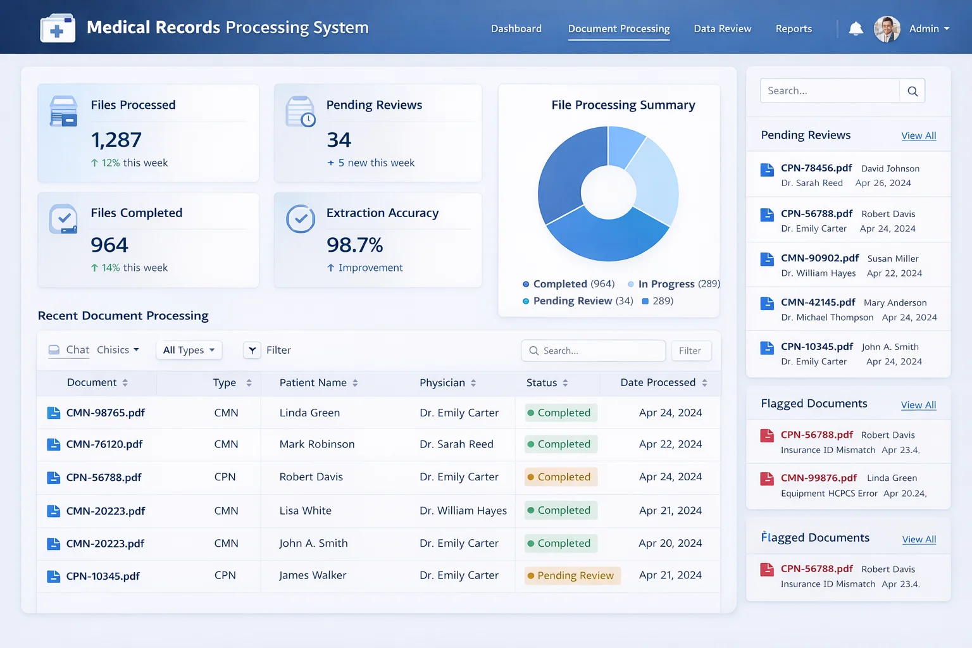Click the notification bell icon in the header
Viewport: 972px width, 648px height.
click(x=856, y=28)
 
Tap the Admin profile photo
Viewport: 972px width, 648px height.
click(x=887, y=29)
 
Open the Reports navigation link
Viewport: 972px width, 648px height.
click(x=794, y=28)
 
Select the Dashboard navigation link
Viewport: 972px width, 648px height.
click(x=516, y=28)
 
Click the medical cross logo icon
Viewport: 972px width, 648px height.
click(x=58, y=28)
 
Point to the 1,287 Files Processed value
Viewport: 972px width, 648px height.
click(x=116, y=140)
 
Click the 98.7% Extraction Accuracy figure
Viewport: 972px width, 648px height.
click(x=354, y=245)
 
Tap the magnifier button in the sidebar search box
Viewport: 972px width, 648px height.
click(x=913, y=91)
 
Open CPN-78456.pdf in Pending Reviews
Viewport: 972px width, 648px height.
click(x=816, y=168)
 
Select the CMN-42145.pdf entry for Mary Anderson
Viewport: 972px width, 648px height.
click(x=818, y=302)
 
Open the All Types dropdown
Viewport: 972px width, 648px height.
click(x=189, y=350)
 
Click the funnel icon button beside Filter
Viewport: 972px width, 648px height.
click(x=252, y=350)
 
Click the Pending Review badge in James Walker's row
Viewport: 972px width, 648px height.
click(x=572, y=575)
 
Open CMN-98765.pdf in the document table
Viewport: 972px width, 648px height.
click(x=106, y=413)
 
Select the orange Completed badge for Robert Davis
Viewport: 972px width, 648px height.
click(x=561, y=477)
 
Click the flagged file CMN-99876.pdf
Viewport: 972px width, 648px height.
click(x=818, y=478)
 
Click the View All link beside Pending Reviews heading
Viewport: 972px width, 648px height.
click(x=919, y=135)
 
